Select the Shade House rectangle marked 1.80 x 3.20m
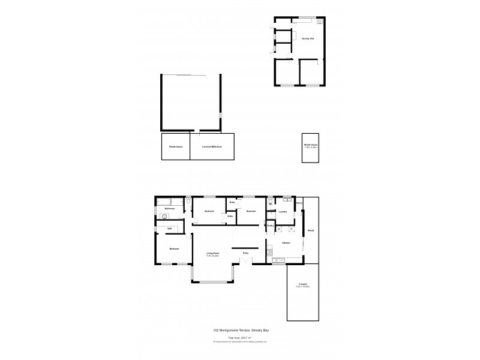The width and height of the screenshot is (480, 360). pyautogui.click(x=310, y=147)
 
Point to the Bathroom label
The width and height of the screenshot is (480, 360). pyautogui.click(x=170, y=209)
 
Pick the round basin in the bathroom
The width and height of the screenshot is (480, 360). pyautogui.click(x=164, y=216)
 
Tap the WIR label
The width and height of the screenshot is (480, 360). pyautogui.click(x=170, y=229)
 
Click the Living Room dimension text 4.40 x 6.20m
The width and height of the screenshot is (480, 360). pyautogui.click(x=212, y=256)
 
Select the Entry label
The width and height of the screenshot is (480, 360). pyautogui.click(x=245, y=254)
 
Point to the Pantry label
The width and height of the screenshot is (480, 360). pyautogui.click(x=271, y=226)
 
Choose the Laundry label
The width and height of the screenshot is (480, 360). pyautogui.click(x=283, y=212)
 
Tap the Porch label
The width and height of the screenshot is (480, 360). pyautogui.click(x=299, y=203)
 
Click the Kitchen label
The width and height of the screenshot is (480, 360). pyautogui.click(x=286, y=243)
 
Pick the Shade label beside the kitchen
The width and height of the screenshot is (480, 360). pyautogui.click(x=311, y=230)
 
